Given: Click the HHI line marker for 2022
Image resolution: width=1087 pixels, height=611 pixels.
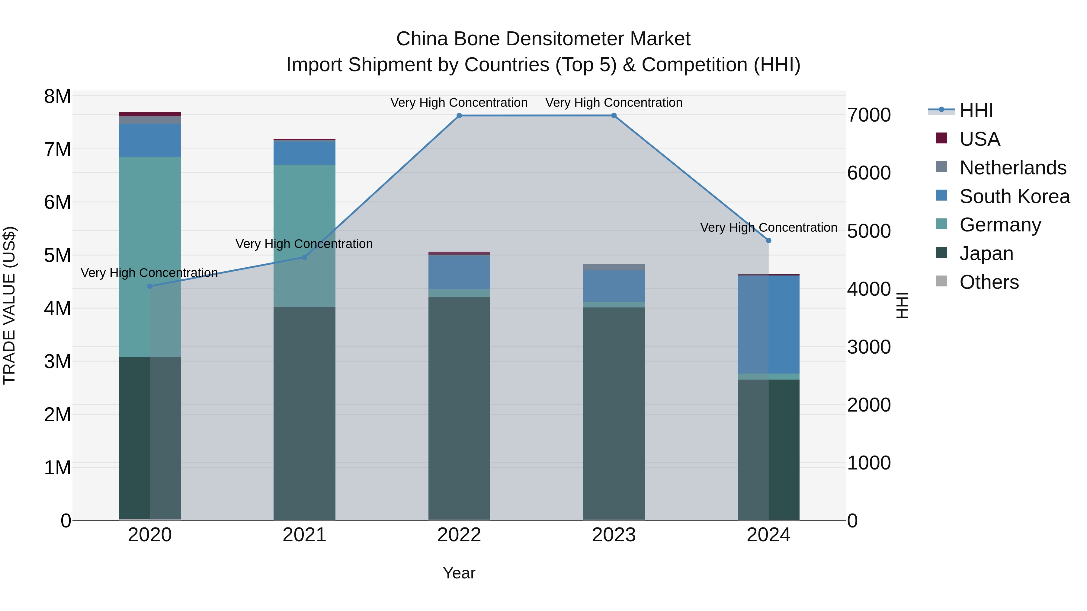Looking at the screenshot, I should click(459, 116).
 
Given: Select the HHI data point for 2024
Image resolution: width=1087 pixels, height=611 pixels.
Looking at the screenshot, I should click(768, 240).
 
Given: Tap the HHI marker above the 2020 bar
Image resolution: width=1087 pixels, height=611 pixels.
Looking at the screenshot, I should click(150, 286).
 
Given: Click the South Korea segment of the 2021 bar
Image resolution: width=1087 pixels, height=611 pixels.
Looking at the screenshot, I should click(304, 153).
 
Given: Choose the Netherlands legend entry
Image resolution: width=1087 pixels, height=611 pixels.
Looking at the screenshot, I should click(1012, 168).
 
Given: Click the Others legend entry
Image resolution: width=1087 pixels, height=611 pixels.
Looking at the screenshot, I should click(989, 282).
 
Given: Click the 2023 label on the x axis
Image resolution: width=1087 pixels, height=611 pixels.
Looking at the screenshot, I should click(614, 535).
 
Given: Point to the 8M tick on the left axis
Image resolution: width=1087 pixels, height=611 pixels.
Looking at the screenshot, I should click(58, 97).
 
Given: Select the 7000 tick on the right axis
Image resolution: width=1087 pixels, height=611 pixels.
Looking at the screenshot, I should click(869, 116).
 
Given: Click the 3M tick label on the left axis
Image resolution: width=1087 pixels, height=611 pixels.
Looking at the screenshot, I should click(58, 361).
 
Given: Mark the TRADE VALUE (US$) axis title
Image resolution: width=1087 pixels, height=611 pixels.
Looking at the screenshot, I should click(10, 305).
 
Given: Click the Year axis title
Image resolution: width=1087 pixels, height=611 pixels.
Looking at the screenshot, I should click(459, 573).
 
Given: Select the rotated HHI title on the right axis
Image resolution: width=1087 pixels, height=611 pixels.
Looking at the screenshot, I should click(902, 305).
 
